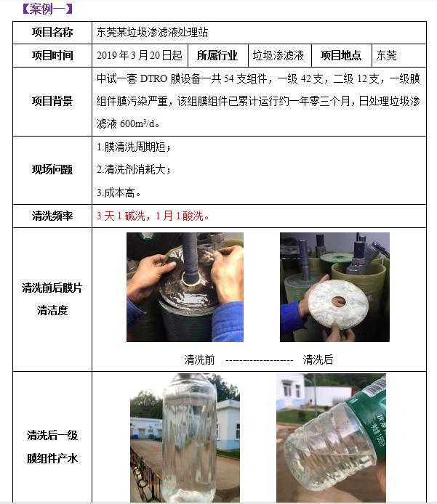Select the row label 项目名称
(52, 33)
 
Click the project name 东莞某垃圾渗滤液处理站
(156, 33)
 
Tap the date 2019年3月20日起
(140, 55)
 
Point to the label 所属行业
(217, 55)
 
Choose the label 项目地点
(341, 55)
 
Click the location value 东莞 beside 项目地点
(386, 55)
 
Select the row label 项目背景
(52, 101)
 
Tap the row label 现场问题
(52, 170)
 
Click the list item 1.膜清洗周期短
(134, 147)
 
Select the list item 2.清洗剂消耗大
(134, 170)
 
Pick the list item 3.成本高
(119, 192)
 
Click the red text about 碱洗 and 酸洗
(153, 216)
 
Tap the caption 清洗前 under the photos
(200, 359)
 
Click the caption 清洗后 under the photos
(318, 359)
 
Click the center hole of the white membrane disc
(337, 299)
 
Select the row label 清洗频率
(52, 216)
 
